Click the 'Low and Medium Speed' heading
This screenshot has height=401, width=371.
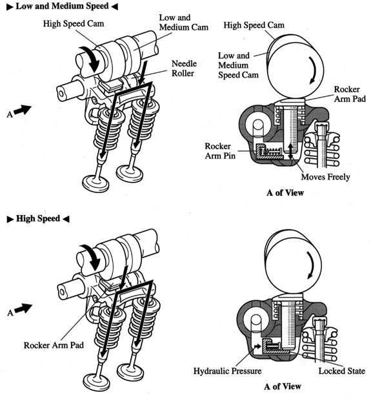click(x=63, y=6)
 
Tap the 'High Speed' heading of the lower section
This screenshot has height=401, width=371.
click(x=38, y=219)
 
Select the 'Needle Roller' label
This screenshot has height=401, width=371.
click(x=184, y=68)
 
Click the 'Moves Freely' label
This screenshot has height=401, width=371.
click(x=325, y=177)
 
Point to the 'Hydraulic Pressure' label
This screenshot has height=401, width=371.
click(x=227, y=371)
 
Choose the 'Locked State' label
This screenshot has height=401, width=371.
click(x=341, y=371)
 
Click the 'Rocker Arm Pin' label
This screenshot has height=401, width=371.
click(x=220, y=151)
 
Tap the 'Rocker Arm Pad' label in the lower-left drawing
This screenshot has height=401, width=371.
click(x=54, y=345)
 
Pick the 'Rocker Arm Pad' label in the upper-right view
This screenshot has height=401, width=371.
click(x=350, y=94)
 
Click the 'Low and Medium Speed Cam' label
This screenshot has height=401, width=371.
click(x=238, y=65)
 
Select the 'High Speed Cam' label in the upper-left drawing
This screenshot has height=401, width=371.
click(x=74, y=23)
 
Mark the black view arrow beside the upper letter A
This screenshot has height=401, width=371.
click(x=23, y=110)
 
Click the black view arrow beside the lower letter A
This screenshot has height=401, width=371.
click(x=23, y=308)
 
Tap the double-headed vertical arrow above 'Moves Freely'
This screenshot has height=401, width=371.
click(x=290, y=151)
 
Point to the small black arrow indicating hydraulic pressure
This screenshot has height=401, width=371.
click(x=257, y=346)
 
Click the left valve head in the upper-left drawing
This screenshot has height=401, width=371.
click(x=95, y=183)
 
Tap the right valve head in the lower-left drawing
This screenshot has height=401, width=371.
click(x=130, y=373)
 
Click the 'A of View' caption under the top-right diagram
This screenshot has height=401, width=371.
click(x=285, y=192)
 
